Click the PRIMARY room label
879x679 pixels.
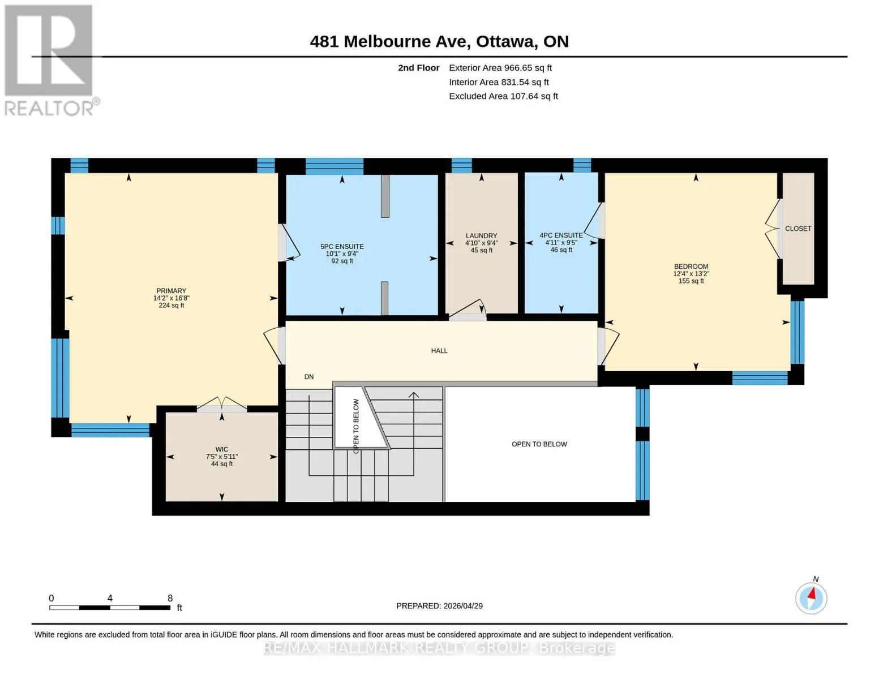pos(171,291)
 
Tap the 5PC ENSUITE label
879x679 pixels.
pos(342,246)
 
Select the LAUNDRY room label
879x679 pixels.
pos(481,235)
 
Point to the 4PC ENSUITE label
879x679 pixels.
pos(561,235)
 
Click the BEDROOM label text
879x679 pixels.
pos(691,267)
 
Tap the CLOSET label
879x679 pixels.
pos(798,229)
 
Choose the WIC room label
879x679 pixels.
pos(222,449)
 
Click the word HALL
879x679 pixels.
pos(439,351)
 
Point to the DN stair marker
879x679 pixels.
pos(309,376)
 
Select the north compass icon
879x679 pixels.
pos(811,598)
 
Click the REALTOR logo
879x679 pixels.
pos(50,61)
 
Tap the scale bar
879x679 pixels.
pos(110,607)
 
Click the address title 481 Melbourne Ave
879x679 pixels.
pos(391,41)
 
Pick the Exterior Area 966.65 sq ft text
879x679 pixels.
pos(500,67)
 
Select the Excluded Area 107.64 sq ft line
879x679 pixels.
pos(504,96)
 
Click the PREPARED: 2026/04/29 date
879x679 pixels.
pos(439,606)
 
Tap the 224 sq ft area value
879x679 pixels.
pos(171,306)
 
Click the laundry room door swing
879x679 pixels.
pos(467,310)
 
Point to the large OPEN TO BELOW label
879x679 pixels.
pos(539,444)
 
